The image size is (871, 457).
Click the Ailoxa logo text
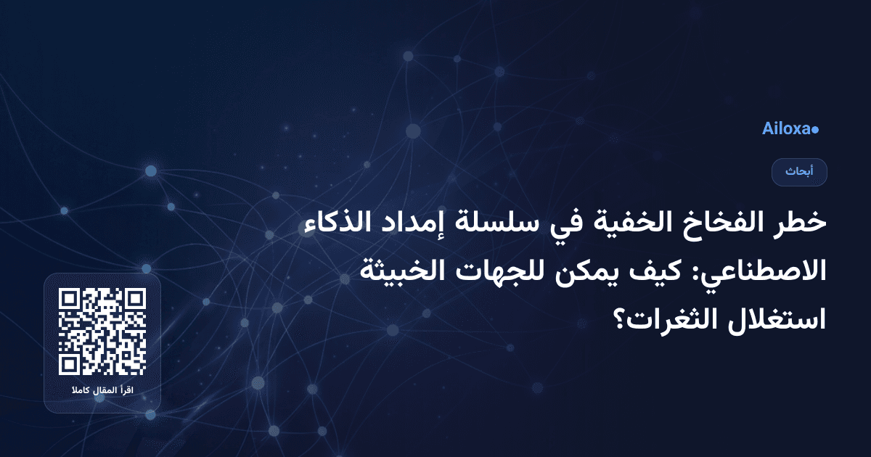(786, 129)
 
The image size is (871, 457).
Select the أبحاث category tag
(799, 172)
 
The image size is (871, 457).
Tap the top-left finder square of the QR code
(69, 299)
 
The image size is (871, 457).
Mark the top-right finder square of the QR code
(136, 299)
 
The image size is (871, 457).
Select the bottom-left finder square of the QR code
(69, 366)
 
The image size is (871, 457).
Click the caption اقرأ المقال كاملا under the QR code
(102, 392)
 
